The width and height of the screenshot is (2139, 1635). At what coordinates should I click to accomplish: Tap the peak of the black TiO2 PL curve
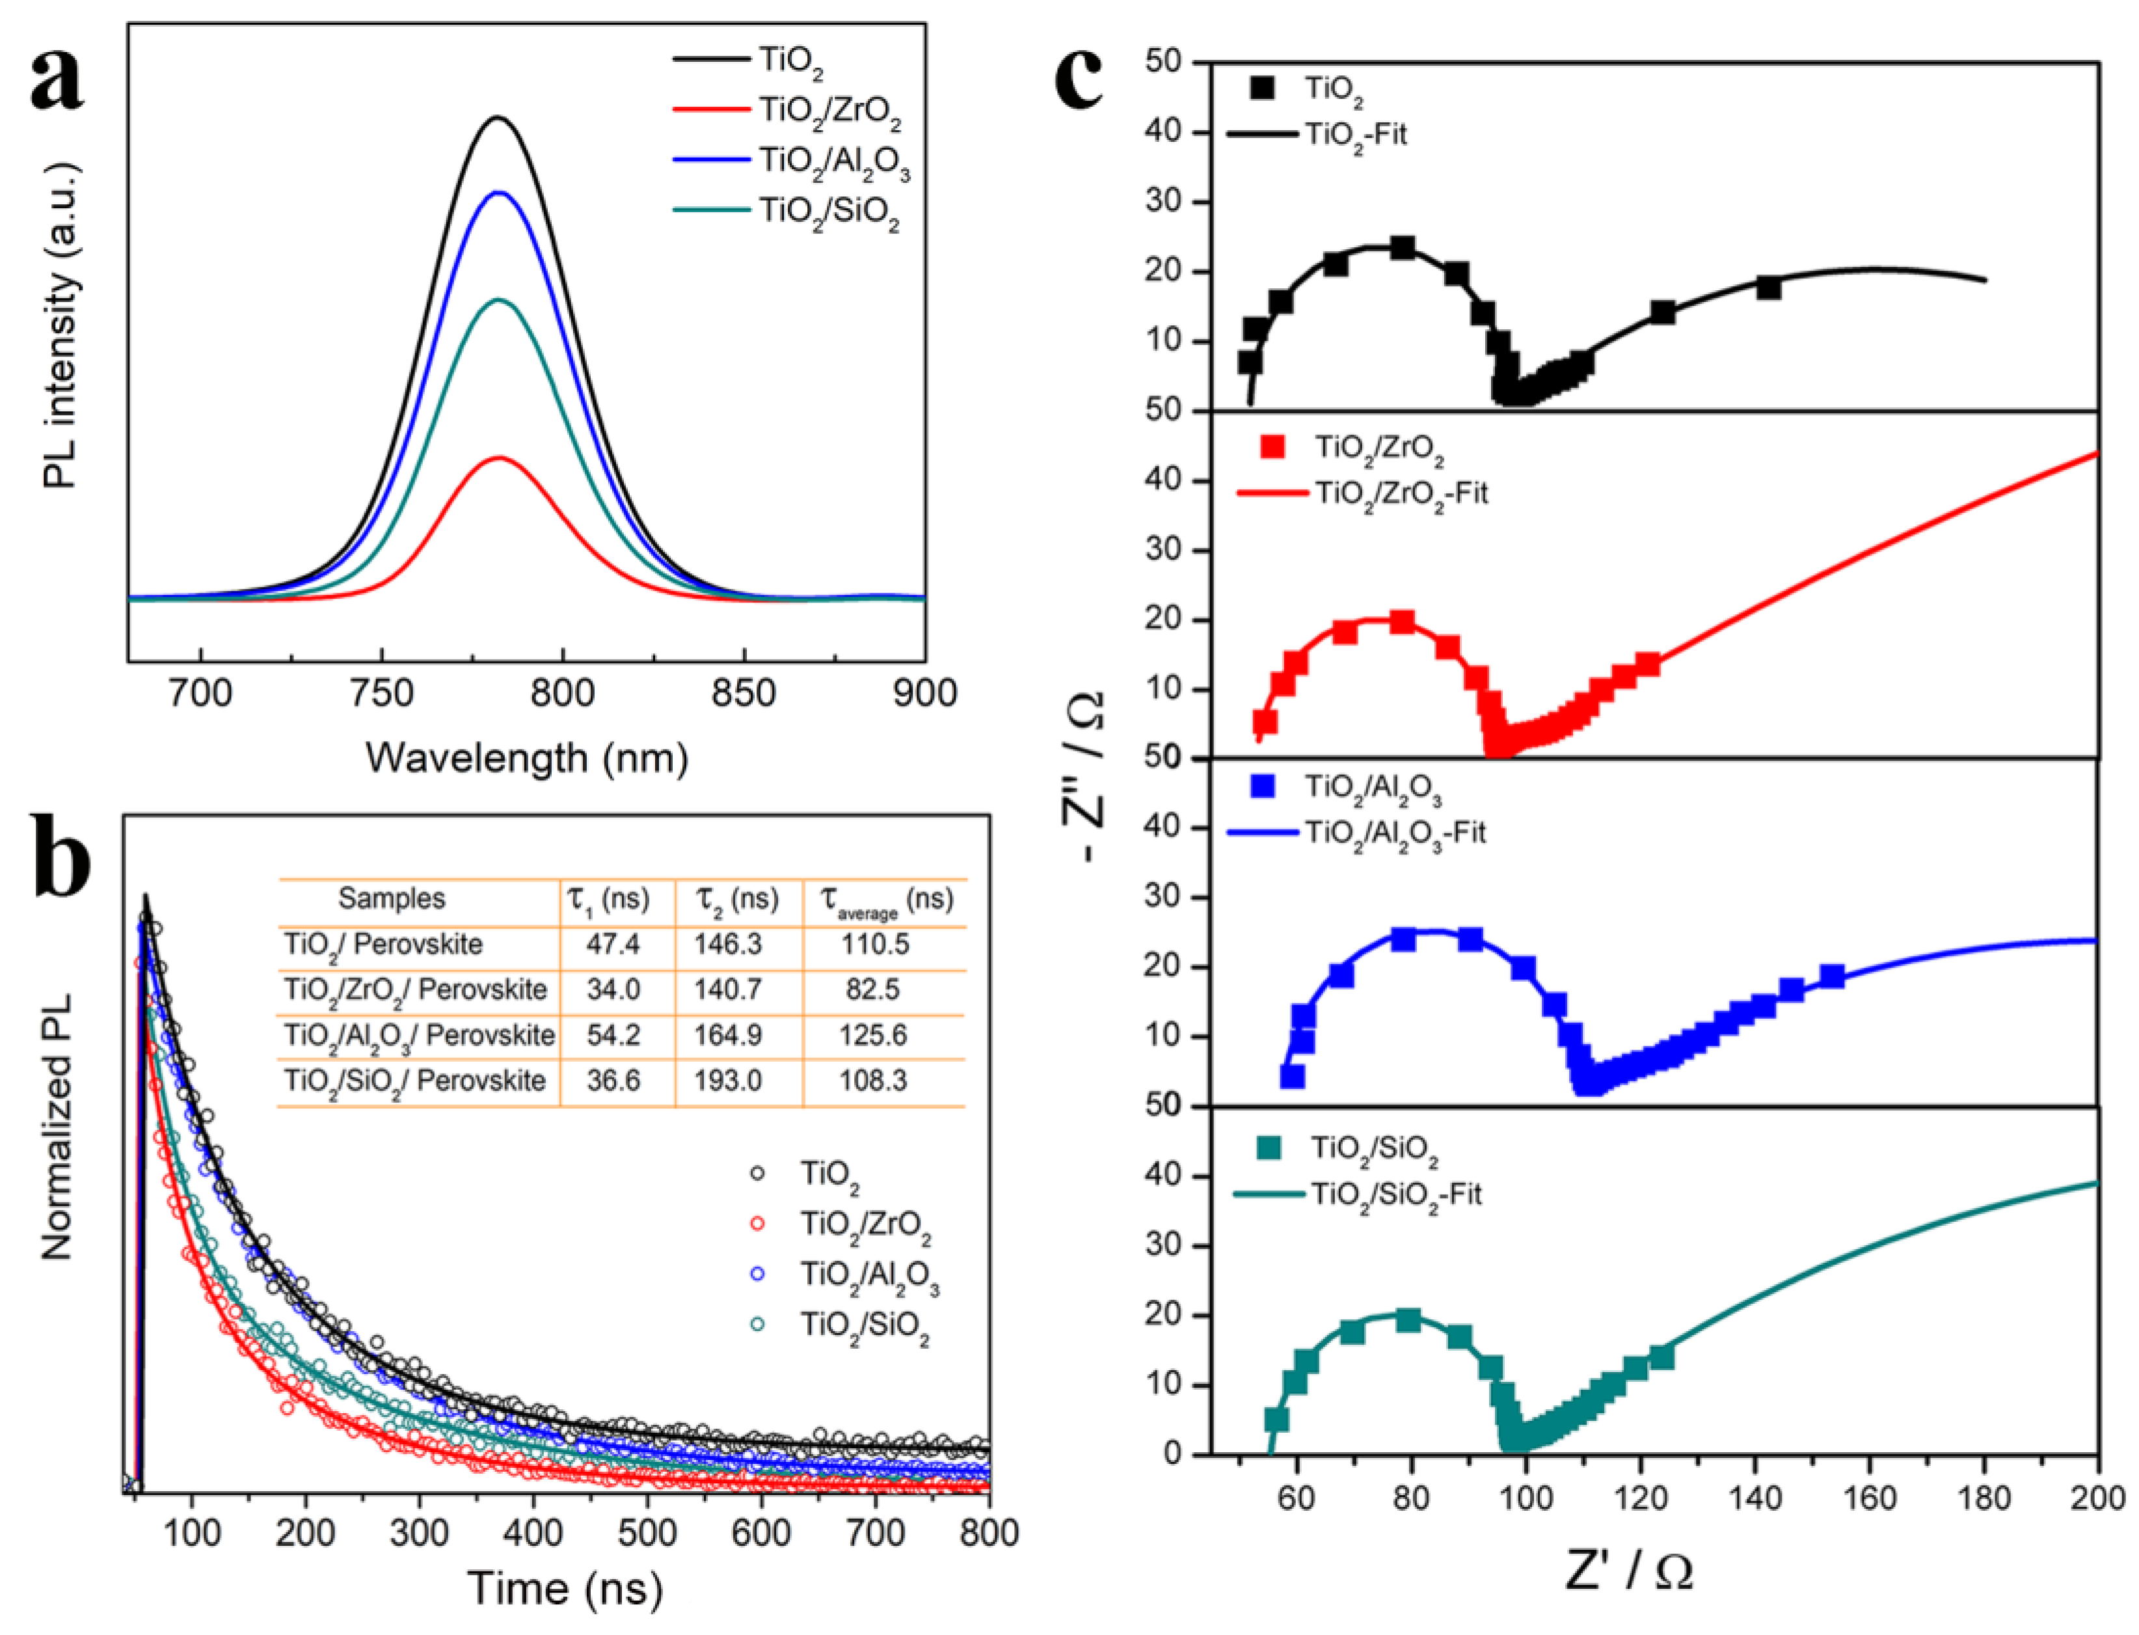pos(499,118)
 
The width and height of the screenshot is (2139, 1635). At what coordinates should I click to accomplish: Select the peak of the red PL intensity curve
pos(499,457)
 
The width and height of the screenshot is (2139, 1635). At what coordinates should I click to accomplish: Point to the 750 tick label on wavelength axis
pos(381,693)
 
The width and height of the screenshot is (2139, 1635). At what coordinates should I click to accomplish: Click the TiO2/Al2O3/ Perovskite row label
pos(418,1034)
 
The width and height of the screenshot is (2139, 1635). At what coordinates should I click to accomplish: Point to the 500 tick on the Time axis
pos(647,1532)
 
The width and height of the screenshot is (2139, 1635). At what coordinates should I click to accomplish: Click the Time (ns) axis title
pos(565,1588)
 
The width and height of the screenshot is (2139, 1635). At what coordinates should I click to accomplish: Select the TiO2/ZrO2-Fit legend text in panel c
pos(1401,493)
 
